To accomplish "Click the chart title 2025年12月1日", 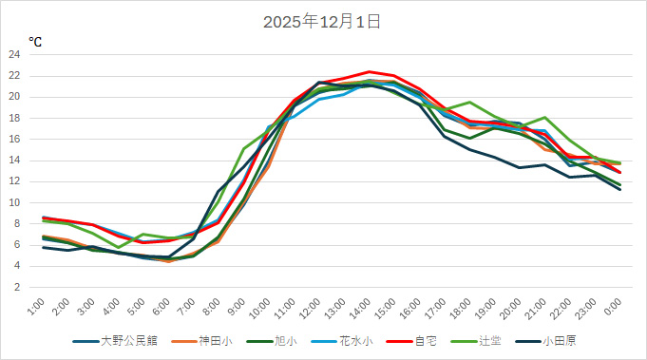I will click(x=323, y=21).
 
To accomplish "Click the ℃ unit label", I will click(x=35, y=42).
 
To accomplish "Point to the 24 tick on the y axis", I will click(x=14, y=54).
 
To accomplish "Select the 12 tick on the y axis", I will click(x=14, y=181).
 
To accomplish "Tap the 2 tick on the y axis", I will click(x=17, y=287).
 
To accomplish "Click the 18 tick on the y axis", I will click(x=14, y=118).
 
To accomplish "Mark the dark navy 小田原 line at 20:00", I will click(x=520, y=167).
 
